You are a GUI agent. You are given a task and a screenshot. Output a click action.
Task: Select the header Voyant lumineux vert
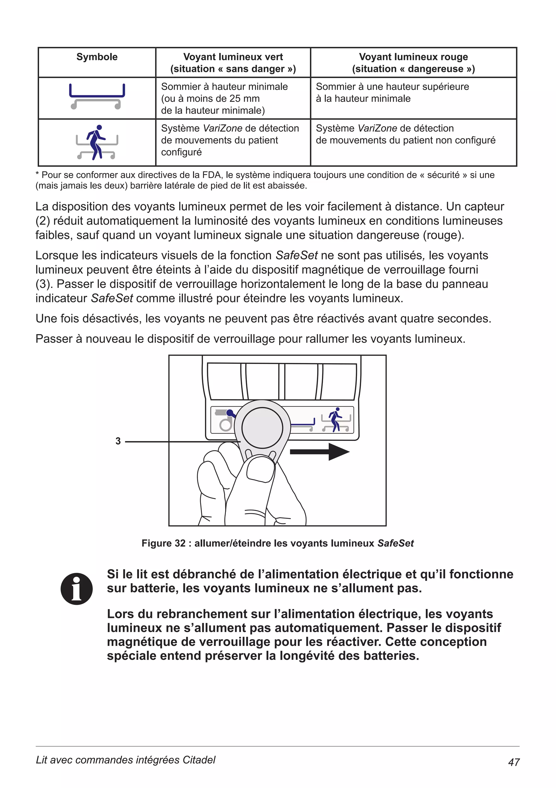pyautogui.click(x=233, y=57)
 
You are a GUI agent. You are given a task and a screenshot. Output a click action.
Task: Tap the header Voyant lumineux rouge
pyautogui.click(x=413, y=57)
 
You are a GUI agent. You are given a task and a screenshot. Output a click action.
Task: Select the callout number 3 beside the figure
pyautogui.click(x=118, y=441)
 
